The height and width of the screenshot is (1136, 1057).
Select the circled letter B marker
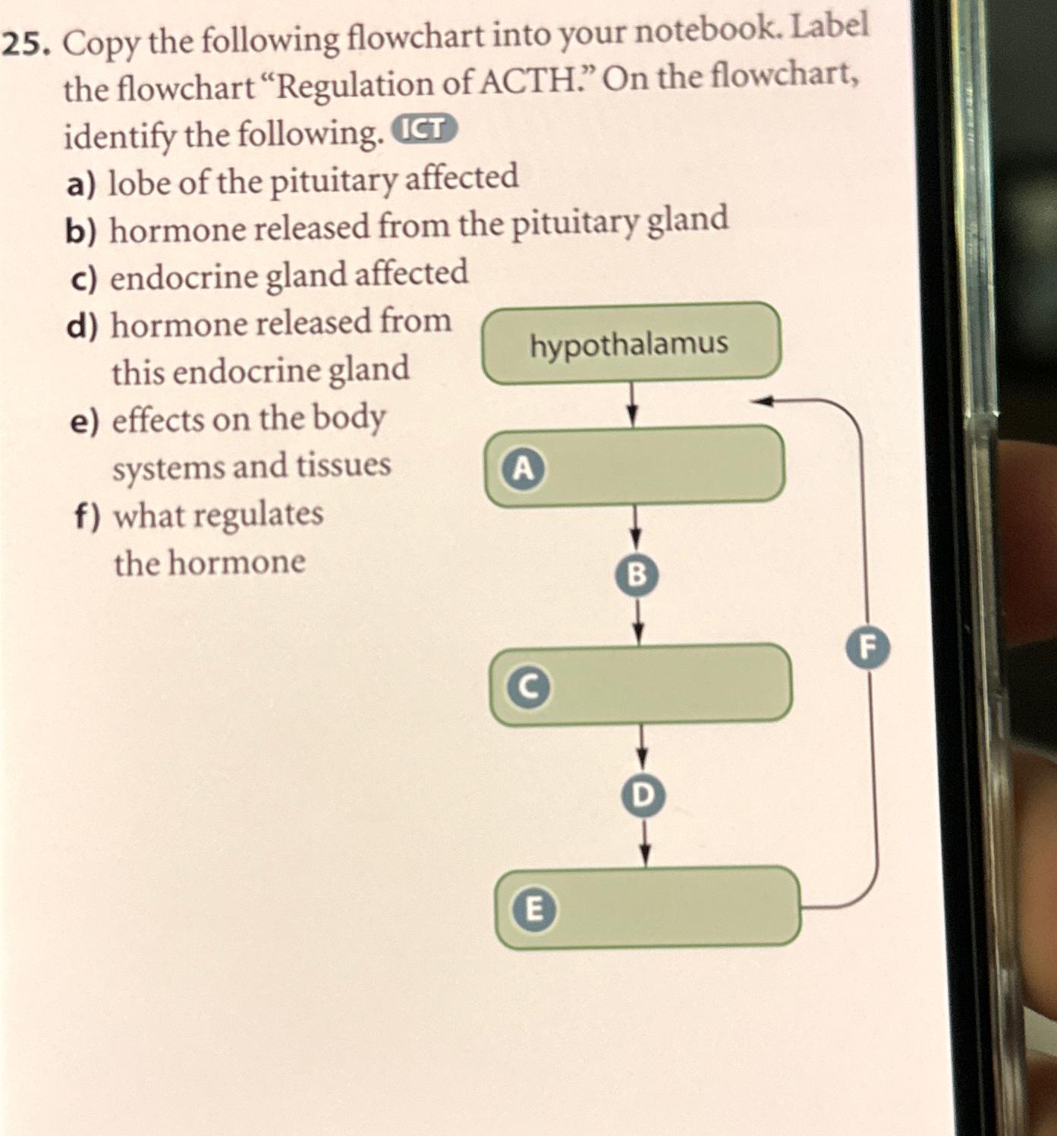[637, 574]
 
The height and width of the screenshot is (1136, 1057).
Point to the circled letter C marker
[529, 687]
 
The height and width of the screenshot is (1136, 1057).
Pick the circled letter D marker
[642, 795]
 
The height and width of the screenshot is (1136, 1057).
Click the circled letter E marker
[534, 908]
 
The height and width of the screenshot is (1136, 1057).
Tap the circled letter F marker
[868, 647]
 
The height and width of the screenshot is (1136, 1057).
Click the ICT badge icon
[424, 130]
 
